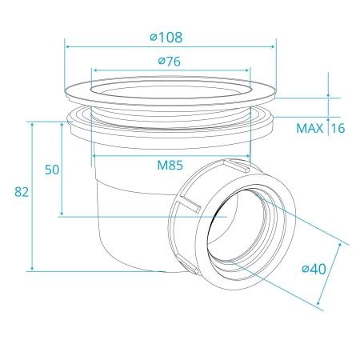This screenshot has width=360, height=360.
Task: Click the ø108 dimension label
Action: pos(166,38)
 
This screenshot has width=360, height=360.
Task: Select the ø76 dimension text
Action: pos(170,62)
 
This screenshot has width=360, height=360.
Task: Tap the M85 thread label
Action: pos(170,165)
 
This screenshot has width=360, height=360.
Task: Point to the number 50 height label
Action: pos(52,170)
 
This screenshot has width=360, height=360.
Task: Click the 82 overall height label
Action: pos(22,192)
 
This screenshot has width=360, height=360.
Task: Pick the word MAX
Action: pos(310,129)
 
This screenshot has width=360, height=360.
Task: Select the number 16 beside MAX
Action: pos(338,129)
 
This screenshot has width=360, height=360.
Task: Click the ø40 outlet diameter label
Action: pos(314,269)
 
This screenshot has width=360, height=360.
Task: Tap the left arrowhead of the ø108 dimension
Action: pos(67,47)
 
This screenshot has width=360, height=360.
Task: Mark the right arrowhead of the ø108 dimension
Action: pos(273,47)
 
